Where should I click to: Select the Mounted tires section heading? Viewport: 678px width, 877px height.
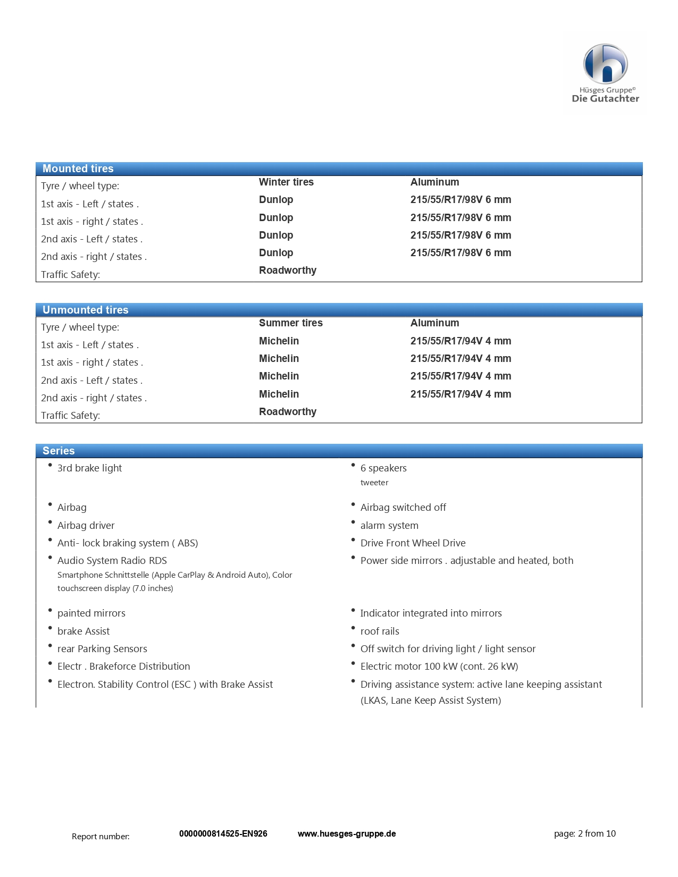[x=78, y=168]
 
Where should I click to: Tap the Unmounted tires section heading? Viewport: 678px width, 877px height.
[x=86, y=310]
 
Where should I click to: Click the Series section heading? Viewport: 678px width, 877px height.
[x=58, y=451]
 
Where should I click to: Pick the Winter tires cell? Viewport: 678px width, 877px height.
[x=286, y=182]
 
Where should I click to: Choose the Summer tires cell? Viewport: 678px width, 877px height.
[x=290, y=323]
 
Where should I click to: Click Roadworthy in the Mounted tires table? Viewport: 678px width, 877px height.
[x=287, y=270]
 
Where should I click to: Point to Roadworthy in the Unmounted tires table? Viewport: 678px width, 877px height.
[x=287, y=411]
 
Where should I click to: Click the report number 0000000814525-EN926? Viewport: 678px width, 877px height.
[x=223, y=833]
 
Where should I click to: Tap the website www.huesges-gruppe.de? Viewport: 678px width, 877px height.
[x=347, y=833]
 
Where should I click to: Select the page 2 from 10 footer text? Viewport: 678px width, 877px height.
[x=584, y=833]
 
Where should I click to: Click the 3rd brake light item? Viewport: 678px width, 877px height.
[x=89, y=468]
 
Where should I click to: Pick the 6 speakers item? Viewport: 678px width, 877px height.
[x=383, y=468]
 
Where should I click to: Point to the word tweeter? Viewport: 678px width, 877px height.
[x=374, y=483]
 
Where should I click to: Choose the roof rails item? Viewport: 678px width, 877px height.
[x=380, y=631]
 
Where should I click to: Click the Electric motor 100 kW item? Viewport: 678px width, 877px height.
[x=439, y=666]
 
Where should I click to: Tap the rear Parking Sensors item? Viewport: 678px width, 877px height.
[x=102, y=648]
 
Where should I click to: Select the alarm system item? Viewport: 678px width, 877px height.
[x=389, y=525]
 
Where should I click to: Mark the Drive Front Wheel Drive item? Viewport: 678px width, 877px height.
[x=413, y=543]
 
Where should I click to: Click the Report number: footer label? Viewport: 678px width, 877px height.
[x=101, y=836]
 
